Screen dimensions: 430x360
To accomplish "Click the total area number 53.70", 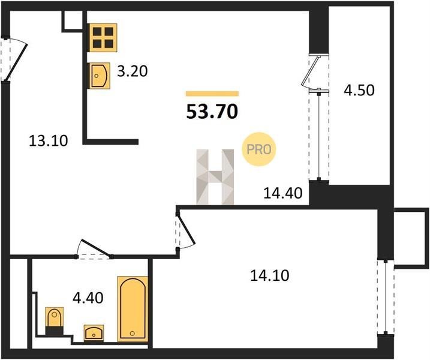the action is [x=212, y=112].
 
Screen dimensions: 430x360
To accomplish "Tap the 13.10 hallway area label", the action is [x=48, y=141].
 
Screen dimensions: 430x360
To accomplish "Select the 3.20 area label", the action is [x=133, y=71].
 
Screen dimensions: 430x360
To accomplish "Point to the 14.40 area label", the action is [x=282, y=193].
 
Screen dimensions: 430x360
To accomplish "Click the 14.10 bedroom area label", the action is [x=269, y=275].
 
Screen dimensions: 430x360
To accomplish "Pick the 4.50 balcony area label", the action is [x=359, y=90].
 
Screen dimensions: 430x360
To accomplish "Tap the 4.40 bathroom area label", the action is [x=88, y=298].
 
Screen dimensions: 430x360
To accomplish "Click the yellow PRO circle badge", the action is [x=258, y=149].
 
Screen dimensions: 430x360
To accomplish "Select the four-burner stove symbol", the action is [x=103, y=38].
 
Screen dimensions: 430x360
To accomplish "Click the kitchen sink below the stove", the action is [x=100, y=76].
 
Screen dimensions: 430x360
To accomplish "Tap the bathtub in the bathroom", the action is [x=133, y=309].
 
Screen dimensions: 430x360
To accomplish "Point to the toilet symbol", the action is [x=55, y=321].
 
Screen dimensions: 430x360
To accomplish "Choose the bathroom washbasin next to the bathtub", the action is [x=94, y=334].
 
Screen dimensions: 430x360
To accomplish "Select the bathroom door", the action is [x=93, y=250].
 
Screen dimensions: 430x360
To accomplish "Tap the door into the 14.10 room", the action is [x=185, y=230].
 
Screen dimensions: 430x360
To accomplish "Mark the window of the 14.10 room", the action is [x=386, y=297].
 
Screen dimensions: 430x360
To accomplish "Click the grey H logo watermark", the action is [x=215, y=177].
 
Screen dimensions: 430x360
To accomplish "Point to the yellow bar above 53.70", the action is [x=212, y=94].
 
